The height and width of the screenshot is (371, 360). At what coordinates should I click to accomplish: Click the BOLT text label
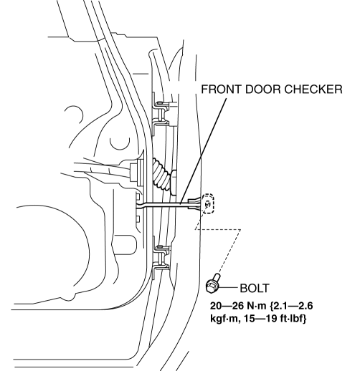(x=255, y=288)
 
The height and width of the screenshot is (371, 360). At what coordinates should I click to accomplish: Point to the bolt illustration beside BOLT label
(x=213, y=284)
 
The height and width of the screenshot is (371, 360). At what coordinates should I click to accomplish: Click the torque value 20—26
(x=227, y=306)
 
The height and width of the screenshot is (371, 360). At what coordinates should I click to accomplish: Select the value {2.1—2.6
(x=291, y=306)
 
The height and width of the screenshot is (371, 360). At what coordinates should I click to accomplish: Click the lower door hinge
(x=161, y=257)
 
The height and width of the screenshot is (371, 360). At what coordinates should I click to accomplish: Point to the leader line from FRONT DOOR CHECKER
(x=203, y=150)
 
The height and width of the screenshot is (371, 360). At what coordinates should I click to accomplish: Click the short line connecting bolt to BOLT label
(x=228, y=288)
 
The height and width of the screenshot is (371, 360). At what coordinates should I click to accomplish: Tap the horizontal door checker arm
(x=167, y=204)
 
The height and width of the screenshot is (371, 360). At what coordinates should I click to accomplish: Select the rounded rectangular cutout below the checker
(x=125, y=245)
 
